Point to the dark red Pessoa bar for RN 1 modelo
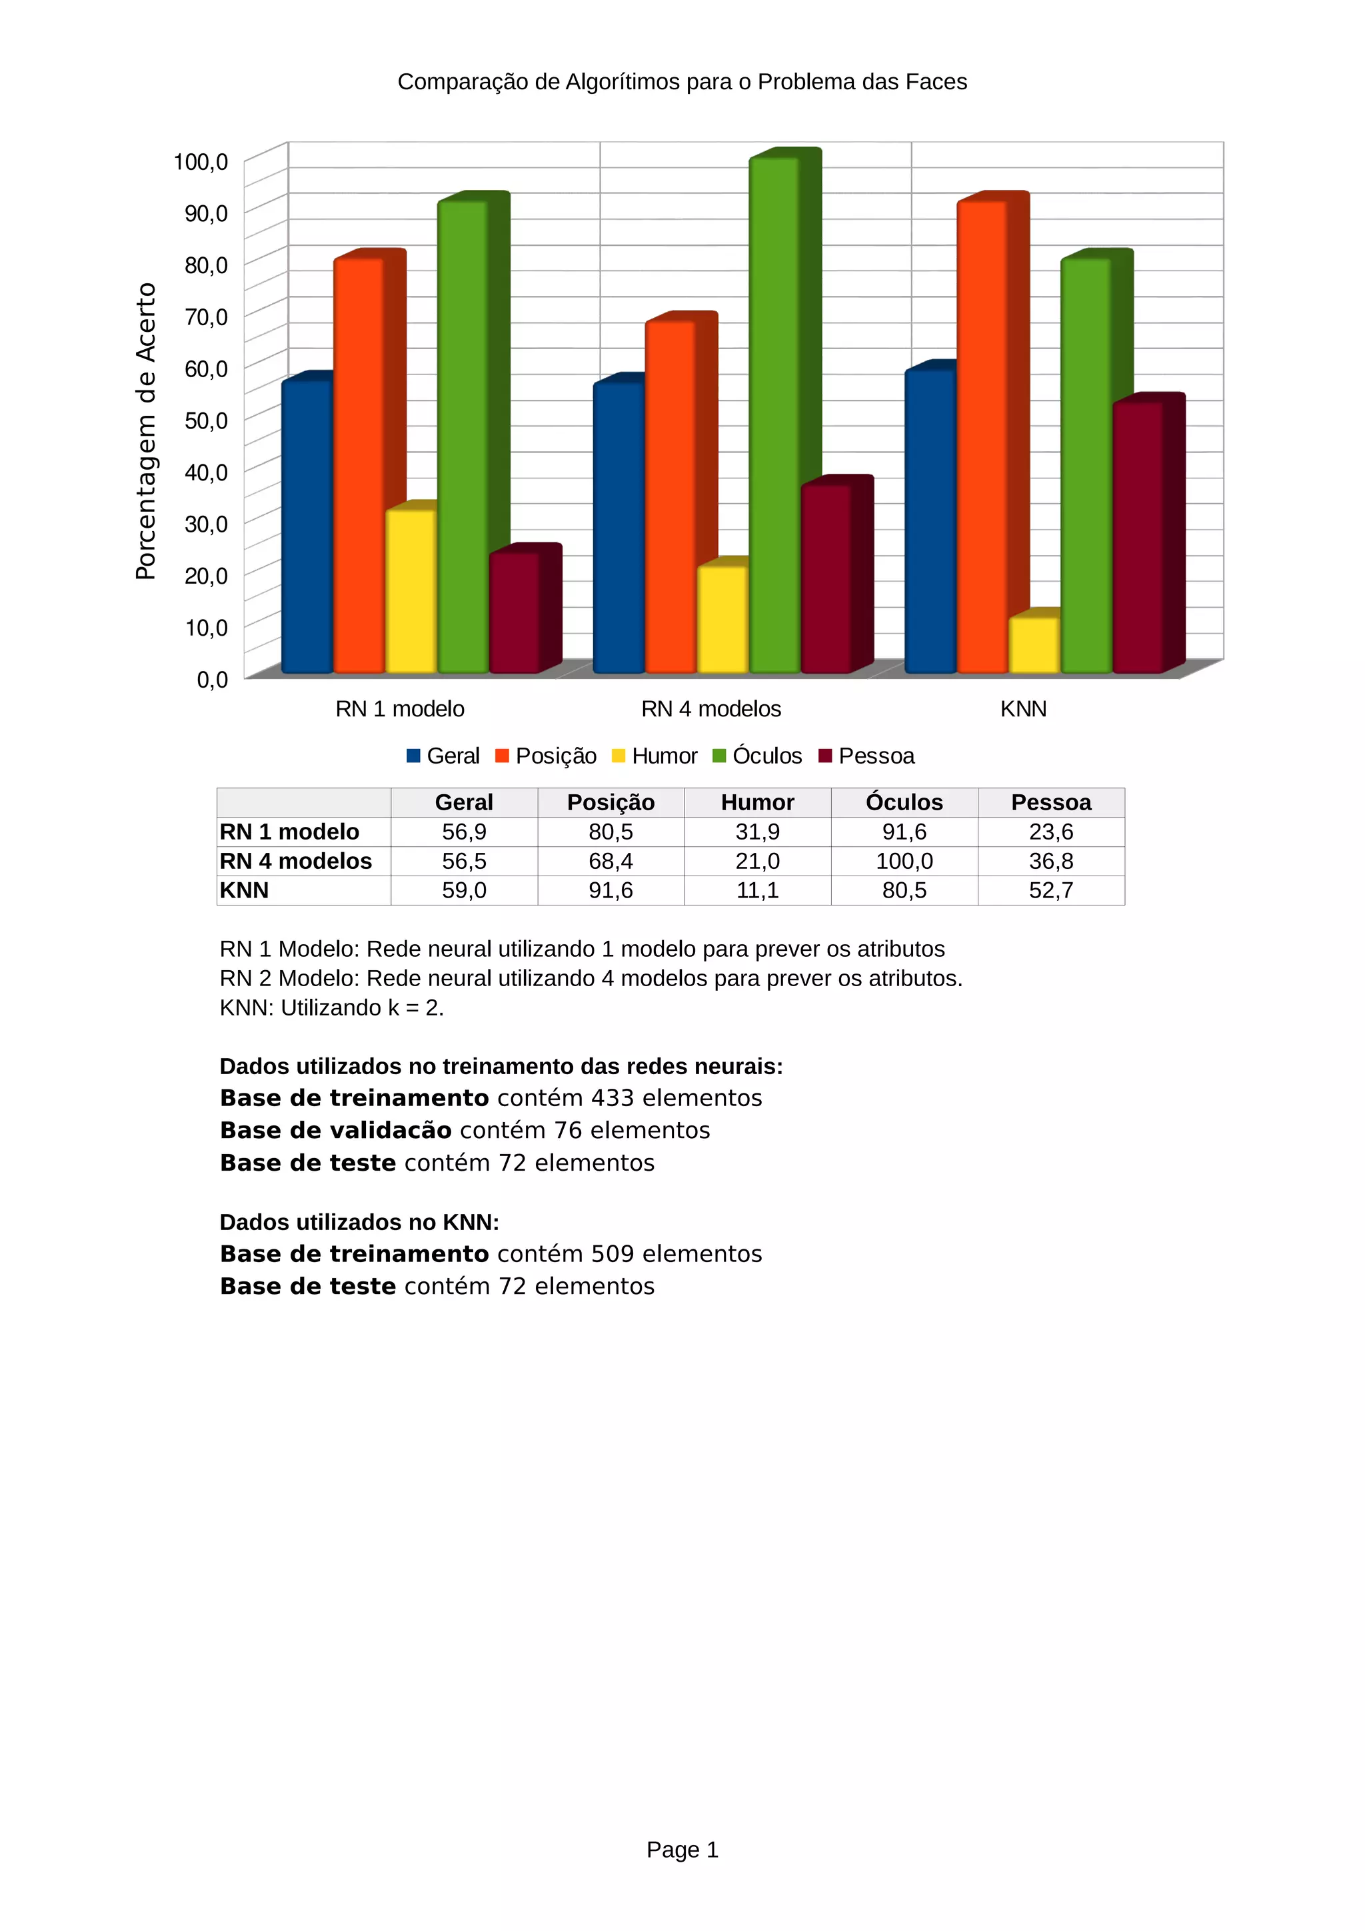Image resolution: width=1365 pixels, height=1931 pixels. (x=514, y=612)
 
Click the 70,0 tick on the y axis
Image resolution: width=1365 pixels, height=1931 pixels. (x=206, y=317)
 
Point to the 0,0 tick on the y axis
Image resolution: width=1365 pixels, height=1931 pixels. (x=212, y=680)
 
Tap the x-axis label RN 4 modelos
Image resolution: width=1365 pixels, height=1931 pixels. (x=710, y=709)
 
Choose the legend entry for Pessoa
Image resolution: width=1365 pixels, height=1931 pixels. (x=866, y=756)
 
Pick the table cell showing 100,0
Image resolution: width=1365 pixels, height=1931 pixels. (x=904, y=861)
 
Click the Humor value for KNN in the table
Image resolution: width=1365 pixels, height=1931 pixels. (x=757, y=891)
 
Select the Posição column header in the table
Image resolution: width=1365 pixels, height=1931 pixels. (x=611, y=802)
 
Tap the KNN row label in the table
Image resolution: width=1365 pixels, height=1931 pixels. (x=245, y=891)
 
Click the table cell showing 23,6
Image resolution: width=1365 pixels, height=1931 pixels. (x=1050, y=832)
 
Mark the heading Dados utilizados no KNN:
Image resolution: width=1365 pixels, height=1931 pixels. (x=359, y=1222)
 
